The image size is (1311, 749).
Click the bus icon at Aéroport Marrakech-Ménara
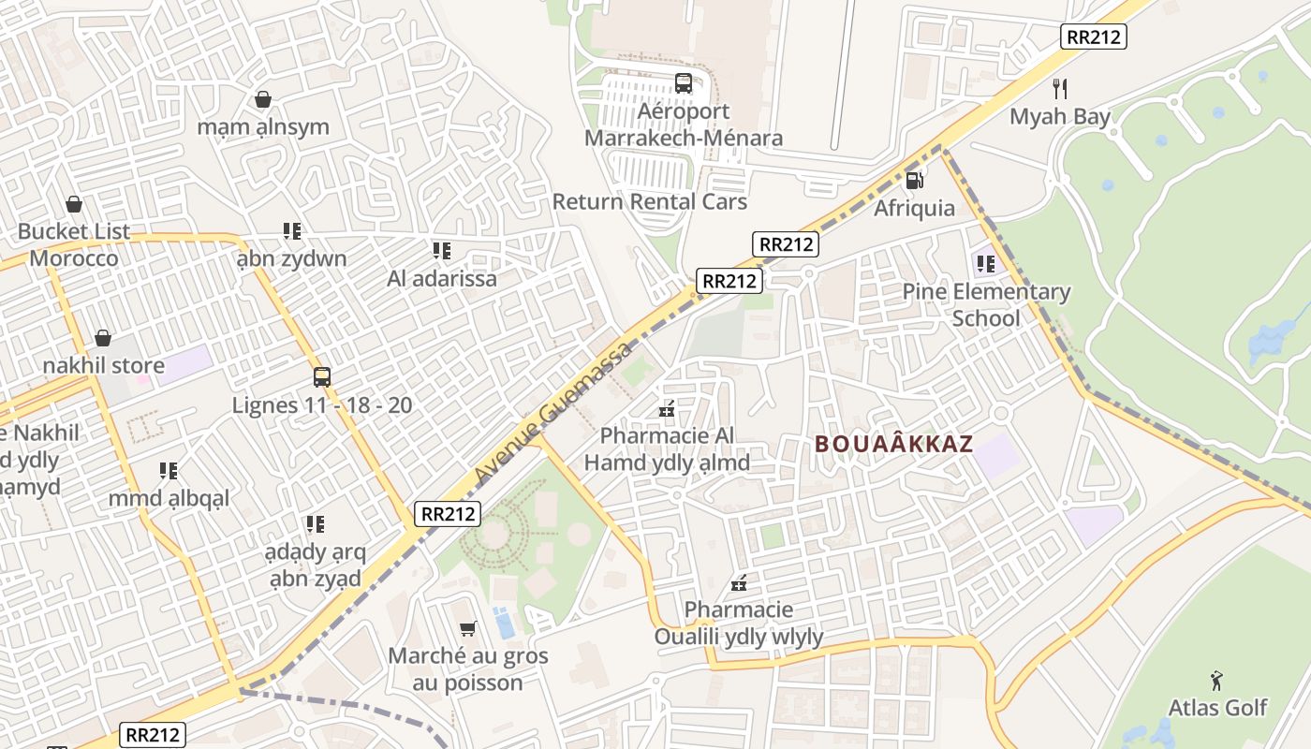point(684,83)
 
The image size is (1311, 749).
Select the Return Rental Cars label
point(649,201)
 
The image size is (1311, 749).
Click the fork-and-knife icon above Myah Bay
point(1060,89)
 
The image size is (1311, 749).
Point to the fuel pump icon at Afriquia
point(915,179)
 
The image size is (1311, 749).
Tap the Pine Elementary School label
point(985,305)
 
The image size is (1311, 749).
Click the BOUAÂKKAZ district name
point(894,444)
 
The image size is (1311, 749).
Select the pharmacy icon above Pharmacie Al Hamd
point(668,408)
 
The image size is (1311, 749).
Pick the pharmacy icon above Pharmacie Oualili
point(739,583)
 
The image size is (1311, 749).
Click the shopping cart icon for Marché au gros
point(467,628)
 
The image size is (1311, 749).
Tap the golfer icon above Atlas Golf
point(1216,681)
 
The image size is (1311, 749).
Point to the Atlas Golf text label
point(1217,708)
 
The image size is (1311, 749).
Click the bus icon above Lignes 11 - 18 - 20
point(322,377)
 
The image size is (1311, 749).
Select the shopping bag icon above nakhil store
point(103,337)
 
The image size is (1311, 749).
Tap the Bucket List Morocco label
point(74,244)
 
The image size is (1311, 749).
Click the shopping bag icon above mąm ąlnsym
point(263,99)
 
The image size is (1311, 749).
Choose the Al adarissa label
point(442,278)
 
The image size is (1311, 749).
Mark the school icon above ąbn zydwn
point(291,230)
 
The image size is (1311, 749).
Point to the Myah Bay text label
point(1059,117)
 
